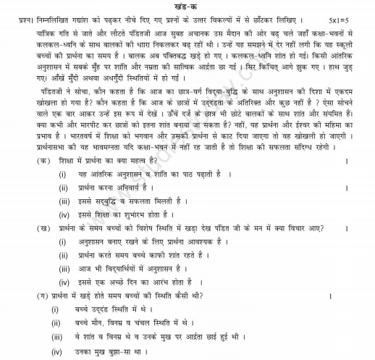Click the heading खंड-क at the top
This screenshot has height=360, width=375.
point(187,5)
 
